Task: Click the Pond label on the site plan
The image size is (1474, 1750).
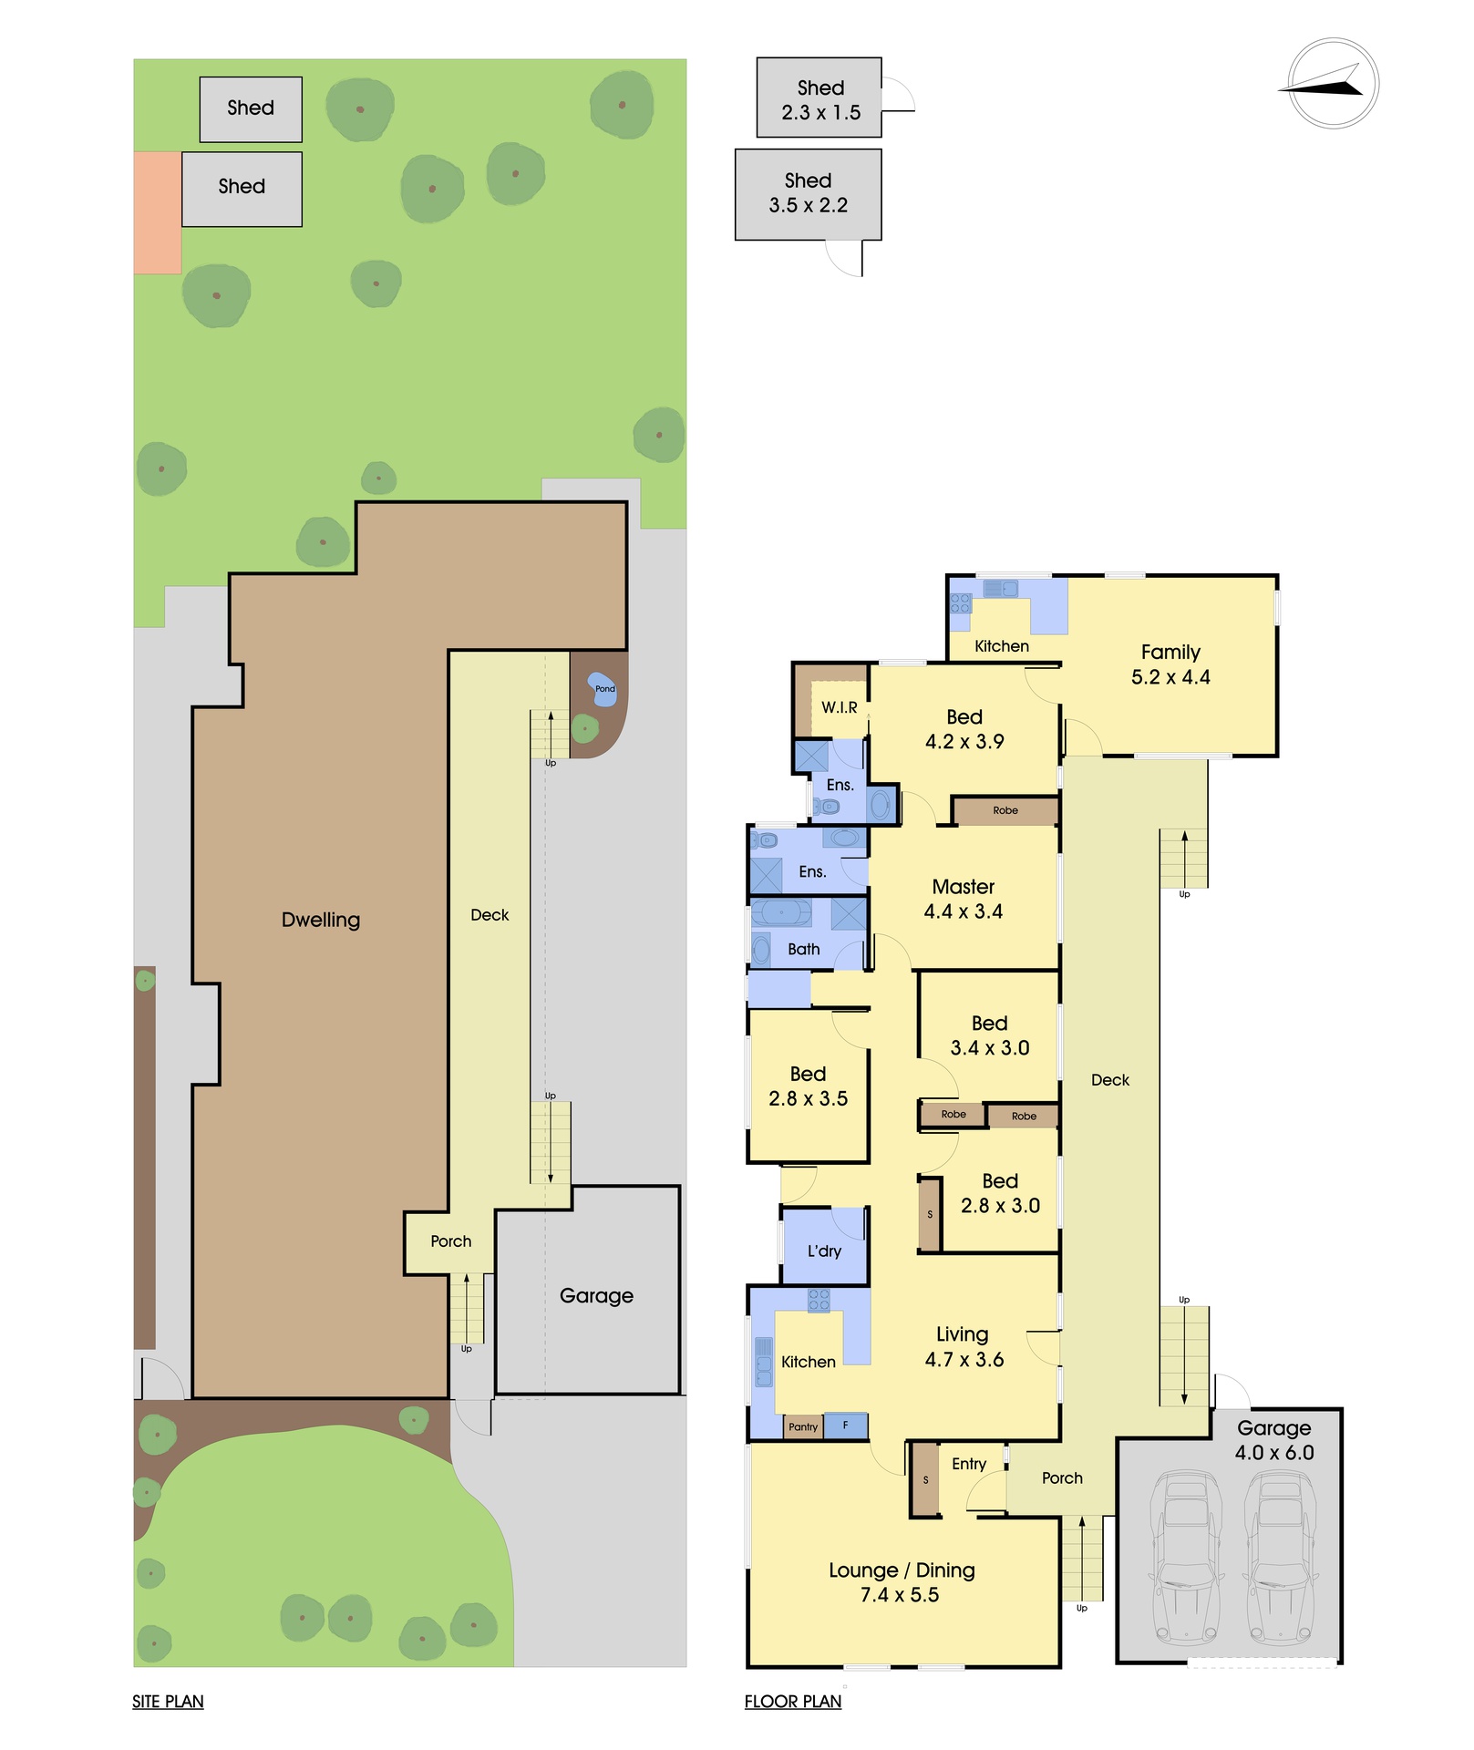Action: pos(605,689)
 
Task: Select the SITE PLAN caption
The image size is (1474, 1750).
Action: pos(168,1702)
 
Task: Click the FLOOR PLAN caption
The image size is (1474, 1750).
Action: pos(793,1702)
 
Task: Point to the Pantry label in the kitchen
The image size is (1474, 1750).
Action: pos(803,1427)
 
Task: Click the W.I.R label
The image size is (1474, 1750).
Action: pos(840,707)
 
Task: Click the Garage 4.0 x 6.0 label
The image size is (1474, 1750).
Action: pos(1274,1440)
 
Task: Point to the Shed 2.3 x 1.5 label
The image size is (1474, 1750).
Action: pos(820,100)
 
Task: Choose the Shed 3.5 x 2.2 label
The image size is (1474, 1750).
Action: pos(808,193)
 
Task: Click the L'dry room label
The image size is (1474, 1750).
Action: pos(824,1251)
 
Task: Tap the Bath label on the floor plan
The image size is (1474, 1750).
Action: pos(804,949)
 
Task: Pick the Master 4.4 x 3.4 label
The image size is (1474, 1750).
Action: pos(964,899)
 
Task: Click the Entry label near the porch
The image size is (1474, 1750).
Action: pos(969,1464)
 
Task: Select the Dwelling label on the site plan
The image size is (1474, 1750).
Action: pos(321,920)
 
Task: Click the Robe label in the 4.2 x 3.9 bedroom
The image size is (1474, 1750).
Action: pos(1005,810)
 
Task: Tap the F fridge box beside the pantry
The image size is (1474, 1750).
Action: pos(845,1426)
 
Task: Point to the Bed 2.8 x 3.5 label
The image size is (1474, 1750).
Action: pos(808,1086)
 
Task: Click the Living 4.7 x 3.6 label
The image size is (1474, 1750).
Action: pos(964,1347)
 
